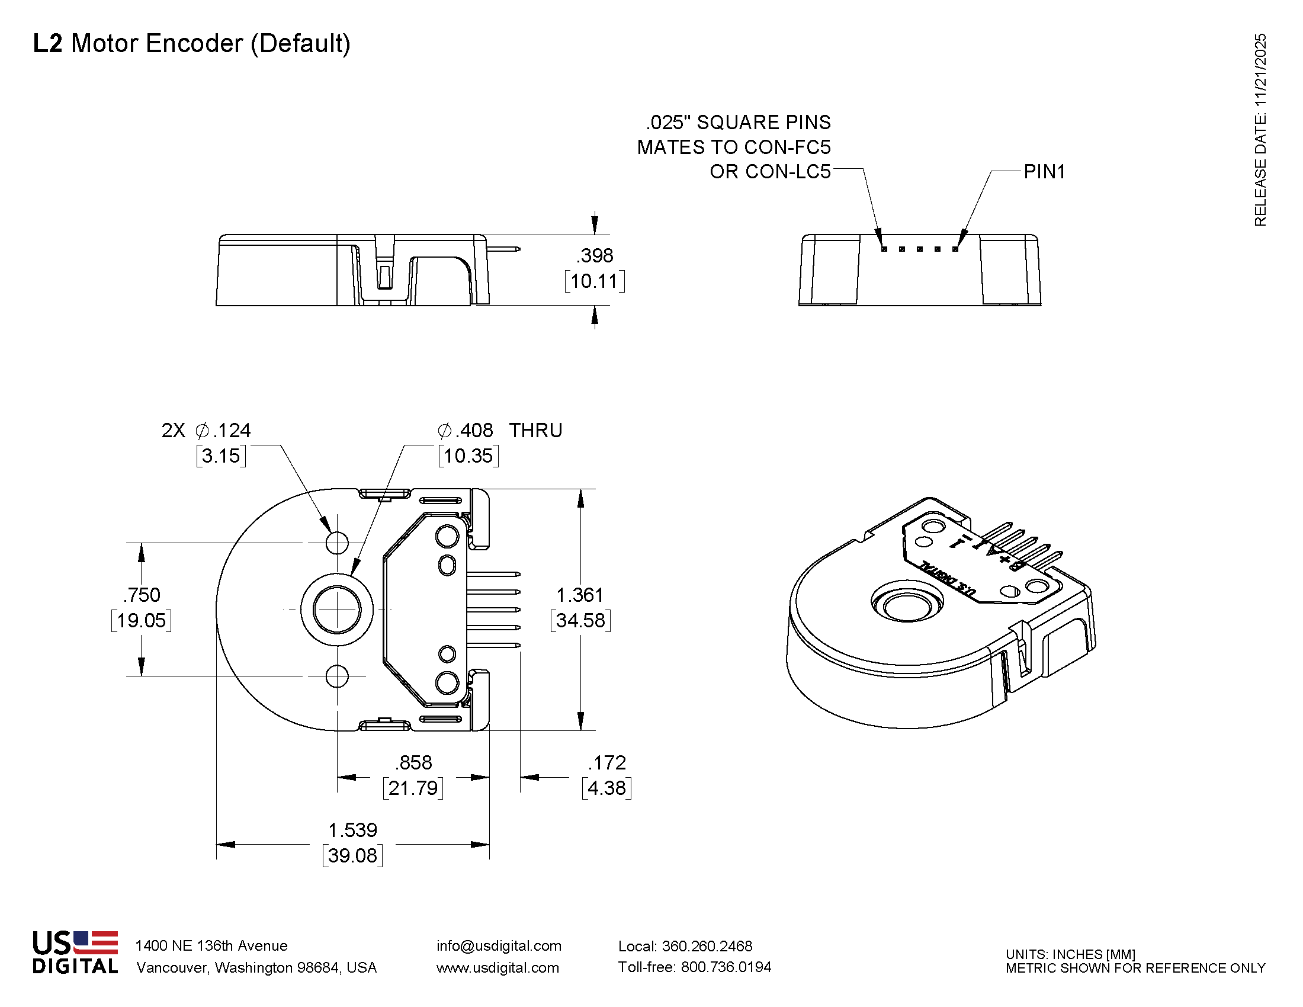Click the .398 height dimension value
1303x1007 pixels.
(x=595, y=255)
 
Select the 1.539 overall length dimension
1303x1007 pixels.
(x=352, y=830)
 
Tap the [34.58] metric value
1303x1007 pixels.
(x=580, y=620)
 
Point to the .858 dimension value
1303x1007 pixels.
(x=413, y=762)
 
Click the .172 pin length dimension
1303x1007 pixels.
(x=606, y=762)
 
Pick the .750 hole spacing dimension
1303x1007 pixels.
(x=142, y=595)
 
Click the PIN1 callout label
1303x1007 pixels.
(x=1044, y=172)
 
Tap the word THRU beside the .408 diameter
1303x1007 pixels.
(x=535, y=430)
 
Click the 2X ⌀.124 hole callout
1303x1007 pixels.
(x=207, y=430)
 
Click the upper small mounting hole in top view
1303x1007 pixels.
(x=337, y=543)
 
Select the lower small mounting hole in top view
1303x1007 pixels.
(x=337, y=676)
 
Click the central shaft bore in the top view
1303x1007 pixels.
(x=337, y=610)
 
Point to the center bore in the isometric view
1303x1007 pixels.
(x=907, y=607)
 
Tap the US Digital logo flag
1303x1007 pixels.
(x=95, y=942)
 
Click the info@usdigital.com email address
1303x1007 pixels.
(x=499, y=945)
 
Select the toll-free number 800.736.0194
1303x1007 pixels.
(x=726, y=967)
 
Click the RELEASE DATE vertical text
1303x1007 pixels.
(x=1260, y=130)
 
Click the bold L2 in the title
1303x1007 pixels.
(x=47, y=44)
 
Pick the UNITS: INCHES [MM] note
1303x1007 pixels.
(x=1070, y=954)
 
